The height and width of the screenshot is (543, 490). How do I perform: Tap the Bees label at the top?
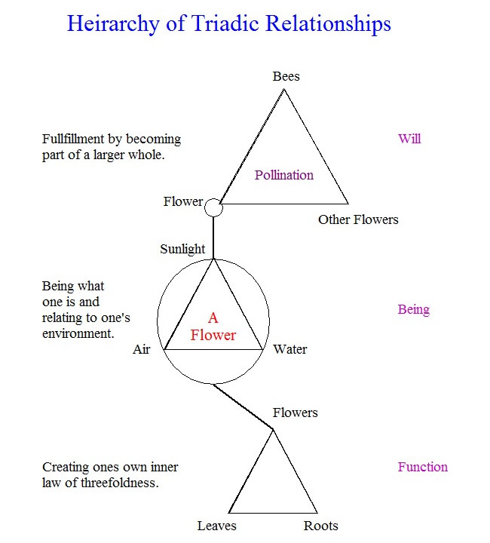click(x=286, y=76)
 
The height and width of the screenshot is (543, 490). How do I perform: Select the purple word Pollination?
click(x=284, y=175)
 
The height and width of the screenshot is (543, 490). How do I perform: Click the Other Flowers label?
click(x=358, y=219)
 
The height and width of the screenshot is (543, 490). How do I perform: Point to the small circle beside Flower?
click(x=214, y=207)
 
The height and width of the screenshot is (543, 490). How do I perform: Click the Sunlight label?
click(x=182, y=249)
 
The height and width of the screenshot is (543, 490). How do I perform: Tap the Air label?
click(x=142, y=349)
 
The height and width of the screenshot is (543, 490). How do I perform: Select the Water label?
click(x=290, y=349)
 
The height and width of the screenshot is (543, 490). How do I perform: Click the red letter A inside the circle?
click(x=213, y=318)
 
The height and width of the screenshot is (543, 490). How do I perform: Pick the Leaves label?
click(x=217, y=526)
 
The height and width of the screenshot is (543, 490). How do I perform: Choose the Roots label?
click(x=321, y=526)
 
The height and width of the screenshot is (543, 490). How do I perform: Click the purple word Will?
click(x=409, y=139)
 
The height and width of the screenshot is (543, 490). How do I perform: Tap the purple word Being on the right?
click(x=413, y=309)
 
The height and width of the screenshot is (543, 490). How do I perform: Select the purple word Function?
click(x=422, y=467)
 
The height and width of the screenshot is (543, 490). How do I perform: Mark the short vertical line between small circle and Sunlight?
click(x=214, y=238)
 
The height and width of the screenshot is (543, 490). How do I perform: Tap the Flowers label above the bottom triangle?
click(x=295, y=413)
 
